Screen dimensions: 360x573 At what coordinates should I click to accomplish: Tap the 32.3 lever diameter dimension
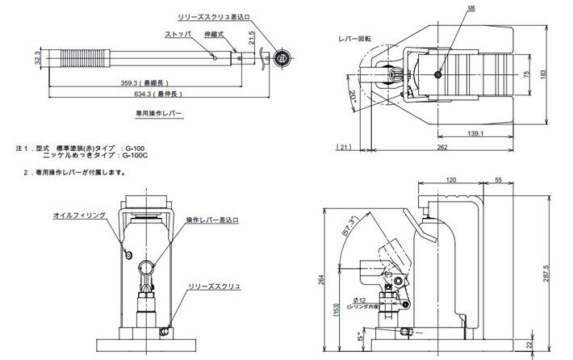click(38, 60)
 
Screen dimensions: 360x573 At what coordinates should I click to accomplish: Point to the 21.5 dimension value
click(253, 38)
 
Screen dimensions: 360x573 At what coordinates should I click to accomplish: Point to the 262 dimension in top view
click(443, 148)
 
